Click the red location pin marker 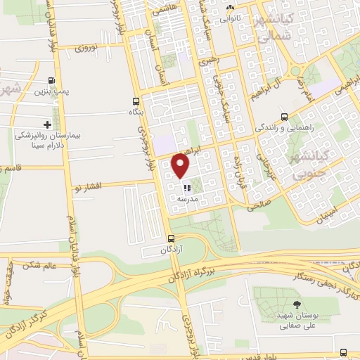pyautogui.click(x=181, y=165)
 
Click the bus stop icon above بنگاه pyautogui.click(x=135, y=101)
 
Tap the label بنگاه pyautogui.click(x=134, y=112)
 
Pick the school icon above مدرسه pyautogui.click(x=186, y=188)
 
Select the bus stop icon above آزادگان pyautogui.click(x=171, y=239)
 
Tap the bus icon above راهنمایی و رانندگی pyautogui.click(x=283, y=117)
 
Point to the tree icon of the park pyautogui.click(x=295, y=304)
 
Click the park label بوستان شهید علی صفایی pyautogui.click(x=295, y=321)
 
